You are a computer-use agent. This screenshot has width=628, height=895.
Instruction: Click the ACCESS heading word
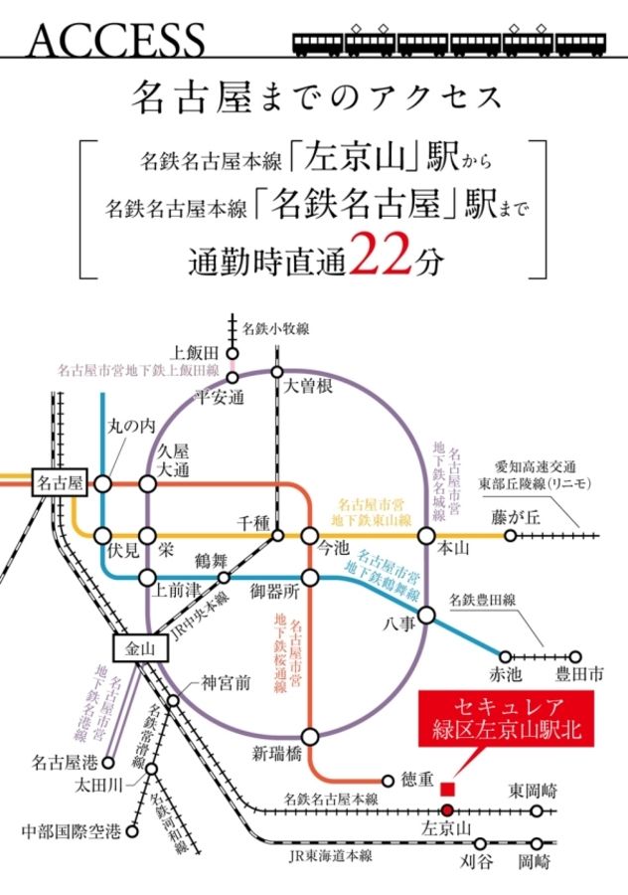point(117,39)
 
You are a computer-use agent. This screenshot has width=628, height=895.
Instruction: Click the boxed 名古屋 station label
point(62,483)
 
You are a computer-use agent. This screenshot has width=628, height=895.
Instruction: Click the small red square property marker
point(447,789)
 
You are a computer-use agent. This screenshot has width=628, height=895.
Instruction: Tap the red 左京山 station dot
point(445,810)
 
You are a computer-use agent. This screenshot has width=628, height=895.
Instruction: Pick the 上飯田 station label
point(194,352)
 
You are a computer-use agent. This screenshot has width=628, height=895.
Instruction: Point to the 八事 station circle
point(426,615)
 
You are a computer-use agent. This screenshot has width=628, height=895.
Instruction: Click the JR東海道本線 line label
point(329,855)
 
